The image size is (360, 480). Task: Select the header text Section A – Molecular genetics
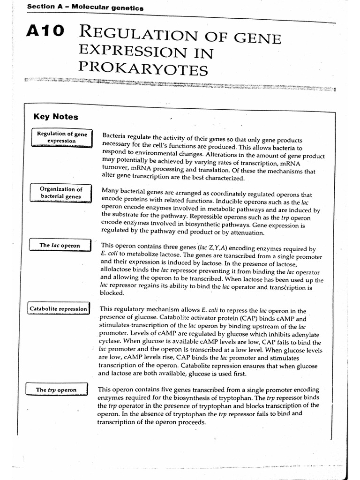click(85, 7)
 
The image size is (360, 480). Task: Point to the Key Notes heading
click(56, 117)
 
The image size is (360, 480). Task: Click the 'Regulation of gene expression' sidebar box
click(62, 137)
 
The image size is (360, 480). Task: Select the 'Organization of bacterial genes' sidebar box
click(61, 193)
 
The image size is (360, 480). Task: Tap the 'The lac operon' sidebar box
click(60, 245)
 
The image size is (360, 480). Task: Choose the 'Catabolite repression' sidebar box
click(59, 309)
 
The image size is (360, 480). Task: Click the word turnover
click(116, 171)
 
